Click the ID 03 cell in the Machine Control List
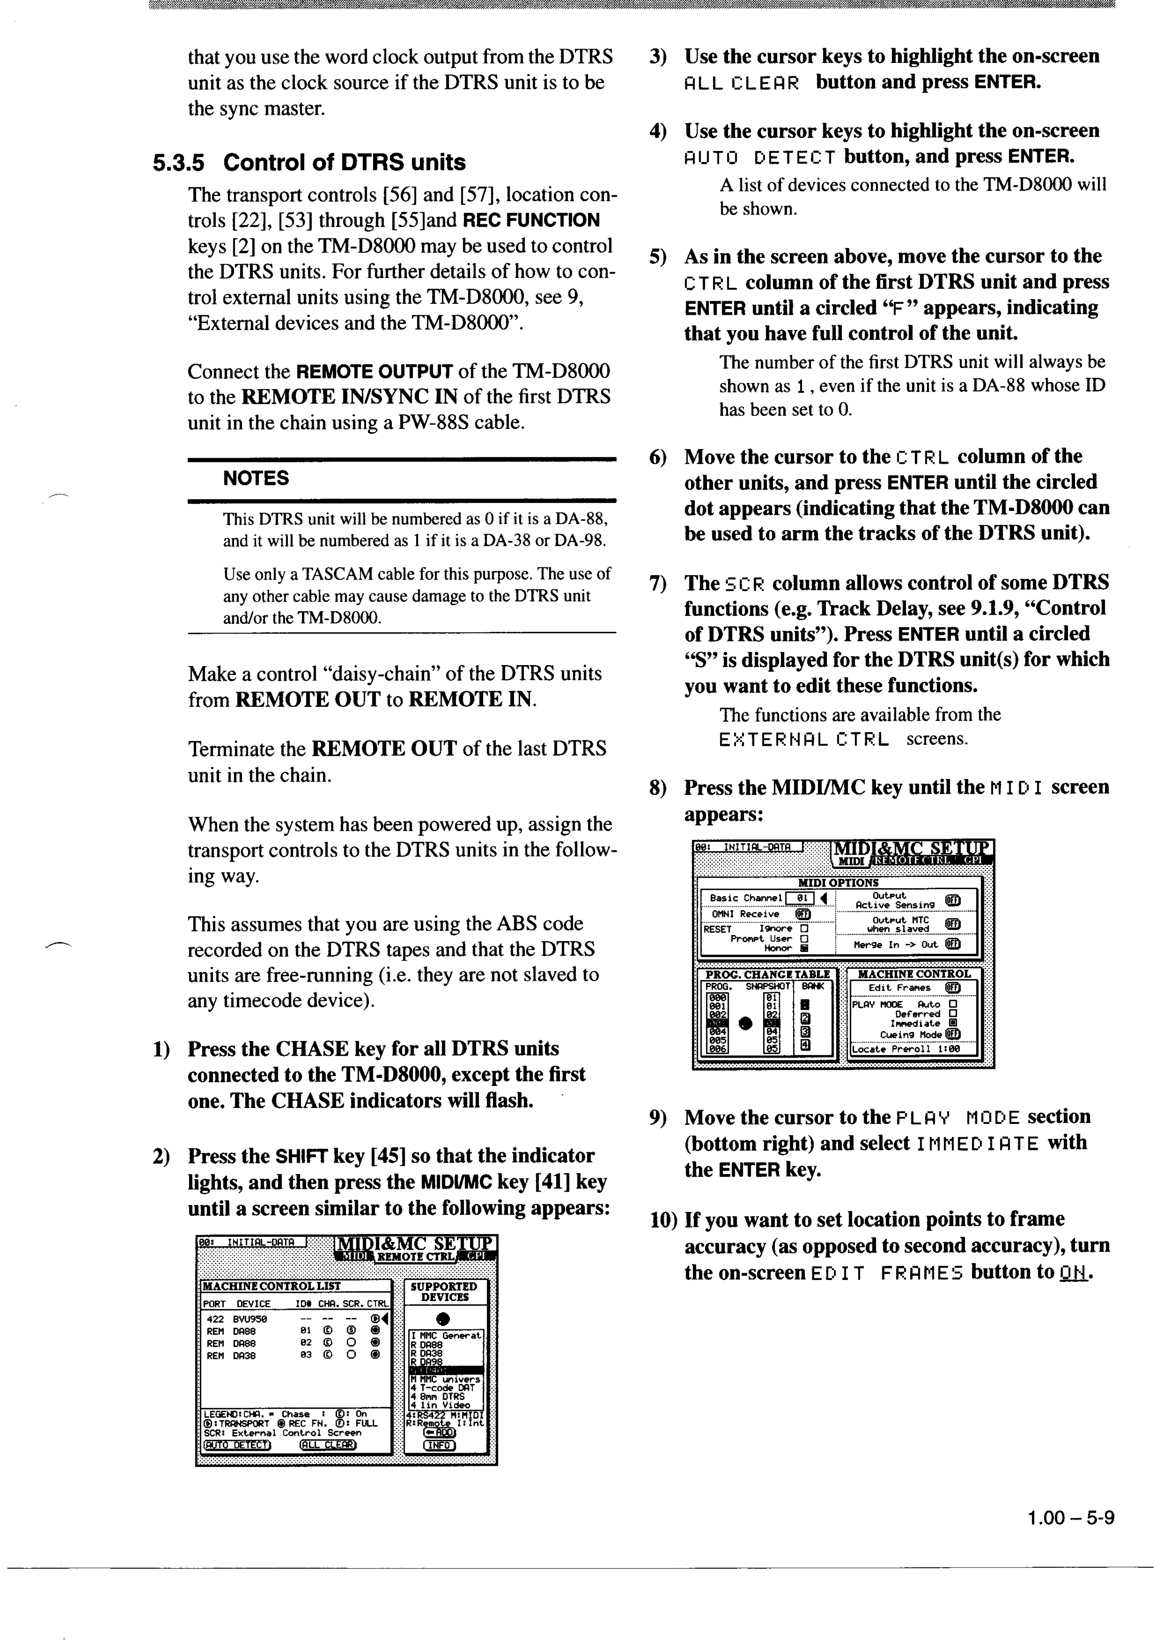coord(306,1355)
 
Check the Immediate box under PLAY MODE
coord(952,1023)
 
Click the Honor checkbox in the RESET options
coord(804,948)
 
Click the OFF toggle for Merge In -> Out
coord(952,944)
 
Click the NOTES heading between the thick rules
coord(256,478)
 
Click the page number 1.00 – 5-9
coord(1070,1537)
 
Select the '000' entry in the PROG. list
coord(716,997)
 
